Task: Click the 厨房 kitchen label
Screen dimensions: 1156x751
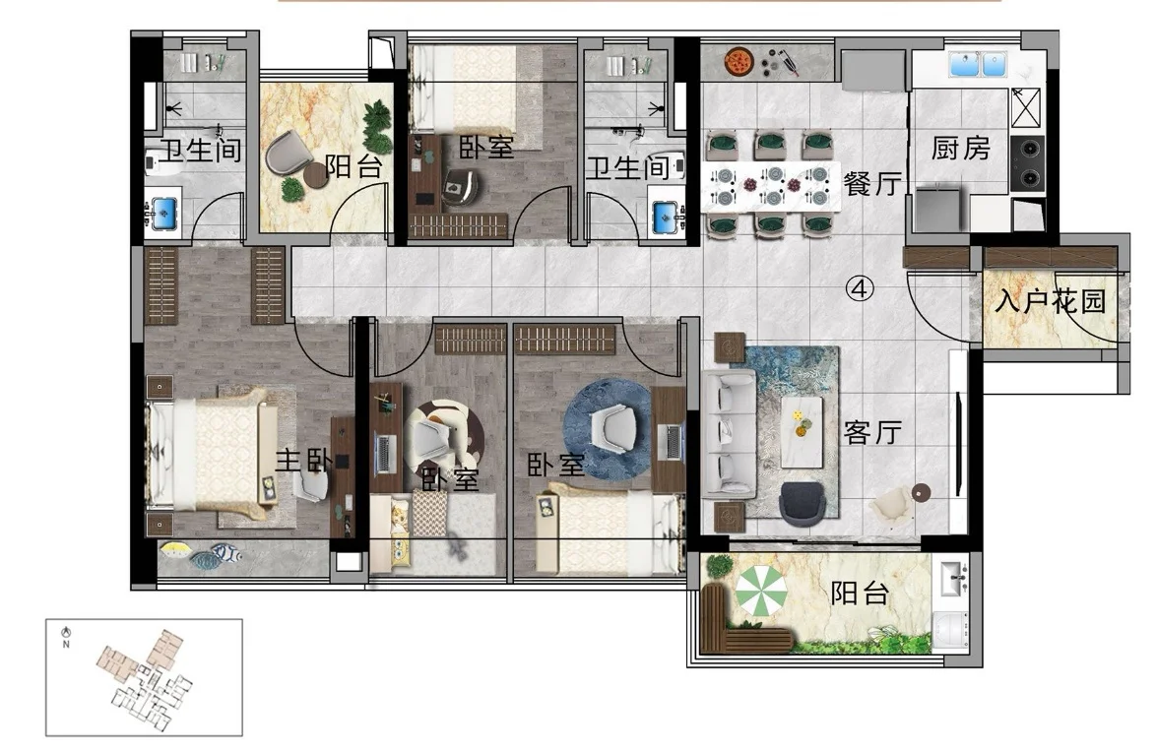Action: tap(960, 149)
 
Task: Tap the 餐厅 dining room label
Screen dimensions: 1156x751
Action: tap(872, 182)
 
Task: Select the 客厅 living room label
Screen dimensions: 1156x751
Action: tap(872, 432)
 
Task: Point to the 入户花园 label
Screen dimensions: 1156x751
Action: tap(1051, 300)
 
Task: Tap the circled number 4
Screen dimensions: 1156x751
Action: tap(859, 288)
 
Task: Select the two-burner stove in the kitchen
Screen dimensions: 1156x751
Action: tap(1027, 162)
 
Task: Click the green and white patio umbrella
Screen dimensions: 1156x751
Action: tap(761, 590)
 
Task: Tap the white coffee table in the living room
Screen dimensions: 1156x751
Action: tap(803, 432)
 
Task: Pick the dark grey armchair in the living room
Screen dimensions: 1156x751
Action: tap(803, 504)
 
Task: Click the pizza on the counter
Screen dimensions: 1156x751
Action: tap(738, 60)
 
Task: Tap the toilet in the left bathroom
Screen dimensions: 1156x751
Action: tap(161, 162)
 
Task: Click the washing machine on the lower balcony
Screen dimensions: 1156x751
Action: tap(952, 631)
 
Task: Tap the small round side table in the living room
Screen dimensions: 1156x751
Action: tap(921, 492)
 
